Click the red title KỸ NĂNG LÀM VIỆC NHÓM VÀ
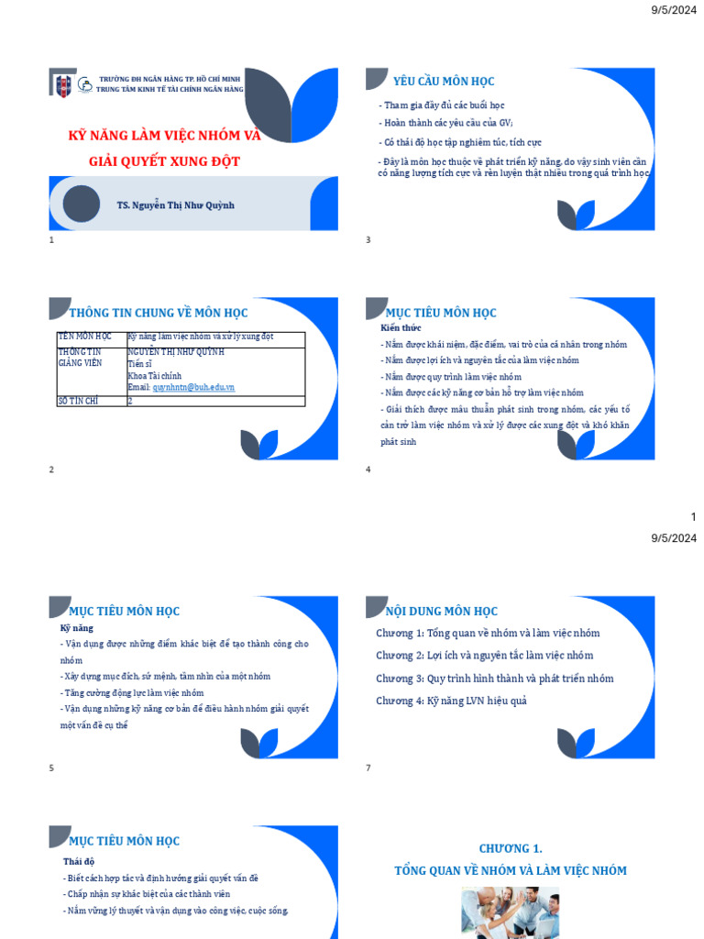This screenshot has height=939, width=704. click(x=165, y=136)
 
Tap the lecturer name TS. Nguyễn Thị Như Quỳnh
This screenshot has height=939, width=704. click(x=176, y=204)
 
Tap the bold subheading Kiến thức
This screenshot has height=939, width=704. click(x=401, y=327)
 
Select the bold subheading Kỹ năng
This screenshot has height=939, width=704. click(x=77, y=628)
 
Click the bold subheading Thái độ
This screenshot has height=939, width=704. click(x=79, y=861)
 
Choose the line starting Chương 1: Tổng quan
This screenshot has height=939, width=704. click(x=488, y=633)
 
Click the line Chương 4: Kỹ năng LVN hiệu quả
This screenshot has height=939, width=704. click(x=451, y=701)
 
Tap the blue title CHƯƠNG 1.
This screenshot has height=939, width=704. click(x=511, y=849)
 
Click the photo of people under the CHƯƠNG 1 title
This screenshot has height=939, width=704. click(x=510, y=912)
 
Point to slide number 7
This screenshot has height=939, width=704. click(x=368, y=768)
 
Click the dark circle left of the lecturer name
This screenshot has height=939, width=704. click(x=82, y=204)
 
